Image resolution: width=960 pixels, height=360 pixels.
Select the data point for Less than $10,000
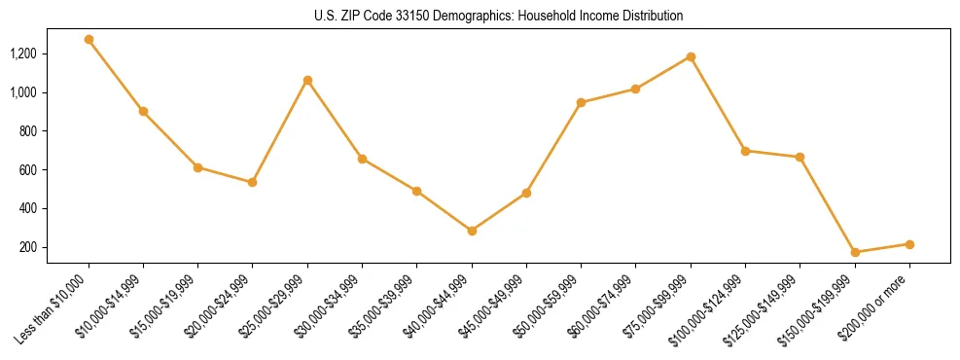tap(89, 40)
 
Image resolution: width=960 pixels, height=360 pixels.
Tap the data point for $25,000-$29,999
tap(307, 80)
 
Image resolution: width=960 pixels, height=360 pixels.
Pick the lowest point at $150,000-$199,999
tap(855, 252)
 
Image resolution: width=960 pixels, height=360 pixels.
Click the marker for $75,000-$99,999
tap(691, 56)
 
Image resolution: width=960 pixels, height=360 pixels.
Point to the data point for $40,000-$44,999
tap(472, 231)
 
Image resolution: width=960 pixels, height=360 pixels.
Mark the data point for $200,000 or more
tap(909, 244)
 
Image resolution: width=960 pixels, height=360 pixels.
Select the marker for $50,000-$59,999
tap(581, 102)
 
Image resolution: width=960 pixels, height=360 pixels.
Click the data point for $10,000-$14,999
tap(143, 111)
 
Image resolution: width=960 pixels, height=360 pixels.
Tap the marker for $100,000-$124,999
tap(745, 151)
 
